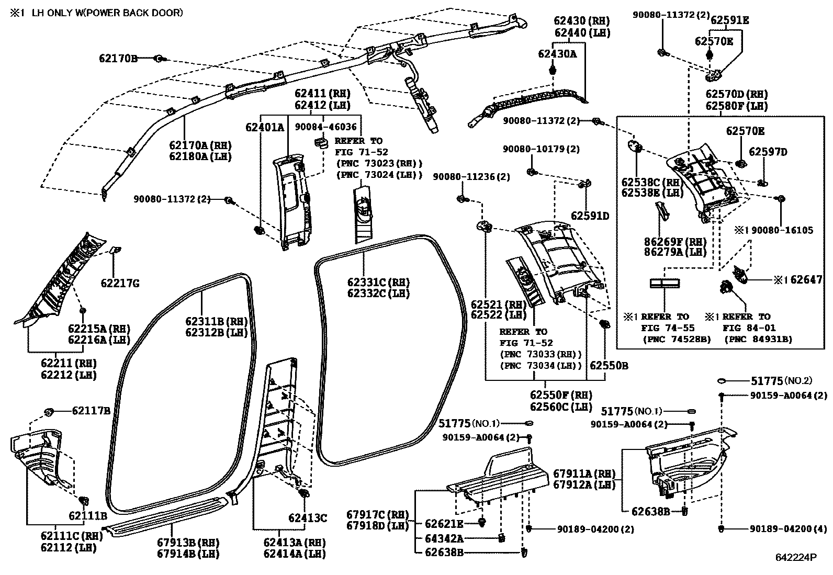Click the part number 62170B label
118,59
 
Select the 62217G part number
120,284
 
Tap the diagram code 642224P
796,558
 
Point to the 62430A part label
557,53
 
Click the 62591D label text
590,216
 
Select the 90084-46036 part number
325,127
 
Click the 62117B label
91,411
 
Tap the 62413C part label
308,518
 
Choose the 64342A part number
444,538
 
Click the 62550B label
609,366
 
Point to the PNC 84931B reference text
758,339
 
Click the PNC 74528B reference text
676,339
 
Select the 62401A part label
265,127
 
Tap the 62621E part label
444,524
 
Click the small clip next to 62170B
159,59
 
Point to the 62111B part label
88,515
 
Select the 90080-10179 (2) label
541,149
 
